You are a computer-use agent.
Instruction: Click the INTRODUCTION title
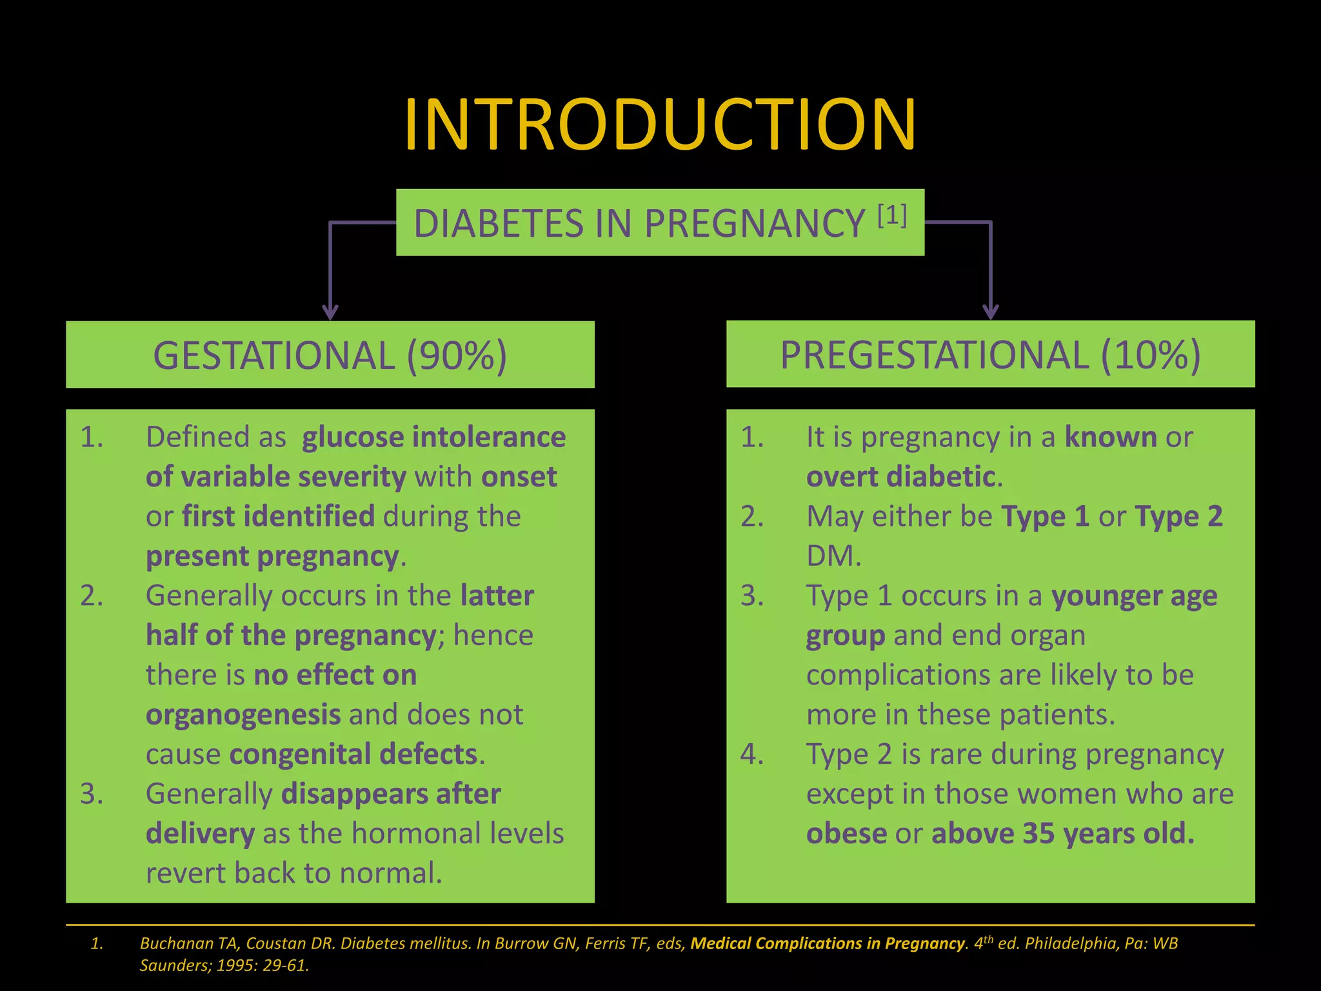point(660,125)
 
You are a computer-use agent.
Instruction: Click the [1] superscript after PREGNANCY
point(892,215)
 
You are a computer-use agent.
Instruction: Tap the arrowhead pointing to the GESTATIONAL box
point(330,312)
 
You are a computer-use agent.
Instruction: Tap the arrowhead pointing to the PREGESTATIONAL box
point(990,312)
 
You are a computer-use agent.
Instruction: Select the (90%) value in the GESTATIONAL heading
point(457,355)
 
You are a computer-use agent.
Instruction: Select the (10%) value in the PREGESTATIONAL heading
point(1151,355)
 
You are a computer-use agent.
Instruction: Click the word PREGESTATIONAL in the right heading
point(935,355)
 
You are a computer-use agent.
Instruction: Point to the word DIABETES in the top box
point(498,224)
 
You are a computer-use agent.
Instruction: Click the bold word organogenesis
point(243,715)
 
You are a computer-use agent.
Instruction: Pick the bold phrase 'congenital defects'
point(353,754)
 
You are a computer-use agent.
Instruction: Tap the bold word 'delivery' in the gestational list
point(200,834)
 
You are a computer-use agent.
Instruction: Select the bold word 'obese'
point(846,834)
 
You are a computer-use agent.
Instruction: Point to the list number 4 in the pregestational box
point(752,754)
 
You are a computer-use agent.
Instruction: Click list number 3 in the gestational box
point(92,794)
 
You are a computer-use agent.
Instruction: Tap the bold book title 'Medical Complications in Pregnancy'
point(828,943)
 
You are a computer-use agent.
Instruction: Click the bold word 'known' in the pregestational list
point(1111,437)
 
